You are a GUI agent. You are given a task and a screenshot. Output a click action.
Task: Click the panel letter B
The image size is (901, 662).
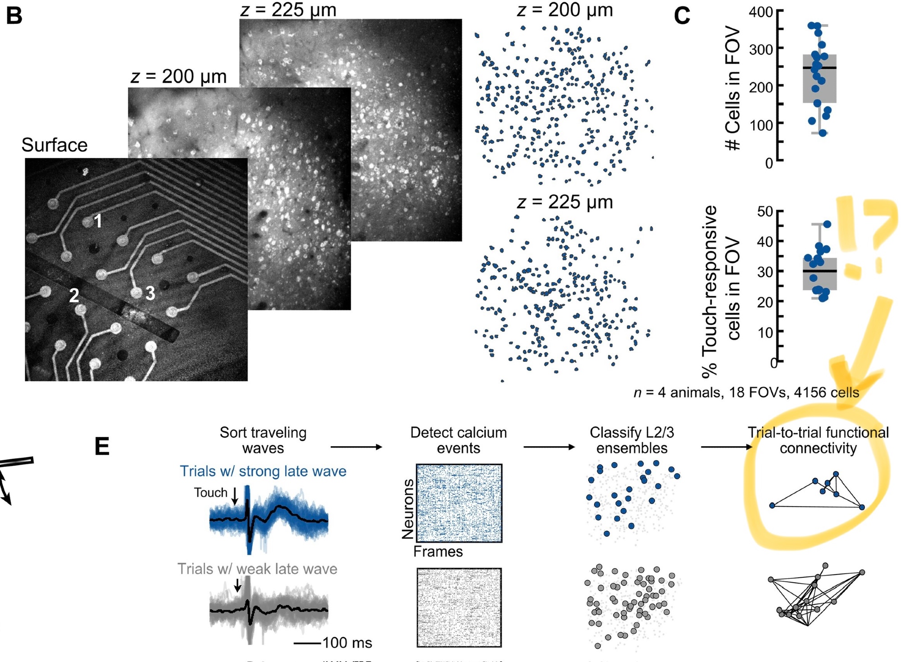[x=14, y=16]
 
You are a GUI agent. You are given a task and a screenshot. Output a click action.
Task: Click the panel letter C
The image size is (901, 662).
[x=682, y=16]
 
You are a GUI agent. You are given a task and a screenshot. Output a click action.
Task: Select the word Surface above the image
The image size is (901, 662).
[x=54, y=145]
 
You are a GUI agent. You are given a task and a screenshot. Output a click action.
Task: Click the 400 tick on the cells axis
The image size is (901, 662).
[x=761, y=12]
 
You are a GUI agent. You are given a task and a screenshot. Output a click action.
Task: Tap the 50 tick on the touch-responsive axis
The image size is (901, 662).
[x=765, y=211]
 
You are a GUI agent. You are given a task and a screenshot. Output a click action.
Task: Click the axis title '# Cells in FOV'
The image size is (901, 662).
[x=732, y=88]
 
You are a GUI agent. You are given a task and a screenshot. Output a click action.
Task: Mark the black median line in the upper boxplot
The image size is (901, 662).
[x=819, y=68]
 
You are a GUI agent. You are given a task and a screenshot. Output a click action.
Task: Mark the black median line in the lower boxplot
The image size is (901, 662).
[x=819, y=271]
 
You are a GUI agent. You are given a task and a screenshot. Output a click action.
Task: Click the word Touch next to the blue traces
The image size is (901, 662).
[x=210, y=493]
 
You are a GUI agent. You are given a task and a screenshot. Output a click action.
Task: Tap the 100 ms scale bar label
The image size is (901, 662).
[x=347, y=643]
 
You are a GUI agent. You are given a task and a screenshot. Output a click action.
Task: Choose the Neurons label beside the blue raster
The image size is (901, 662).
[x=408, y=509]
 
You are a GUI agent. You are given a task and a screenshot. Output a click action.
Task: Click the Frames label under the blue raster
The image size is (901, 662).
[x=438, y=552]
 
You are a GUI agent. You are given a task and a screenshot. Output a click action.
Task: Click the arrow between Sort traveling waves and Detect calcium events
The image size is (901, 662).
[x=356, y=447]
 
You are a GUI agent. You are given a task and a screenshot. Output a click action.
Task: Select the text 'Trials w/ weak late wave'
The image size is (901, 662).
[x=257, y=569]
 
